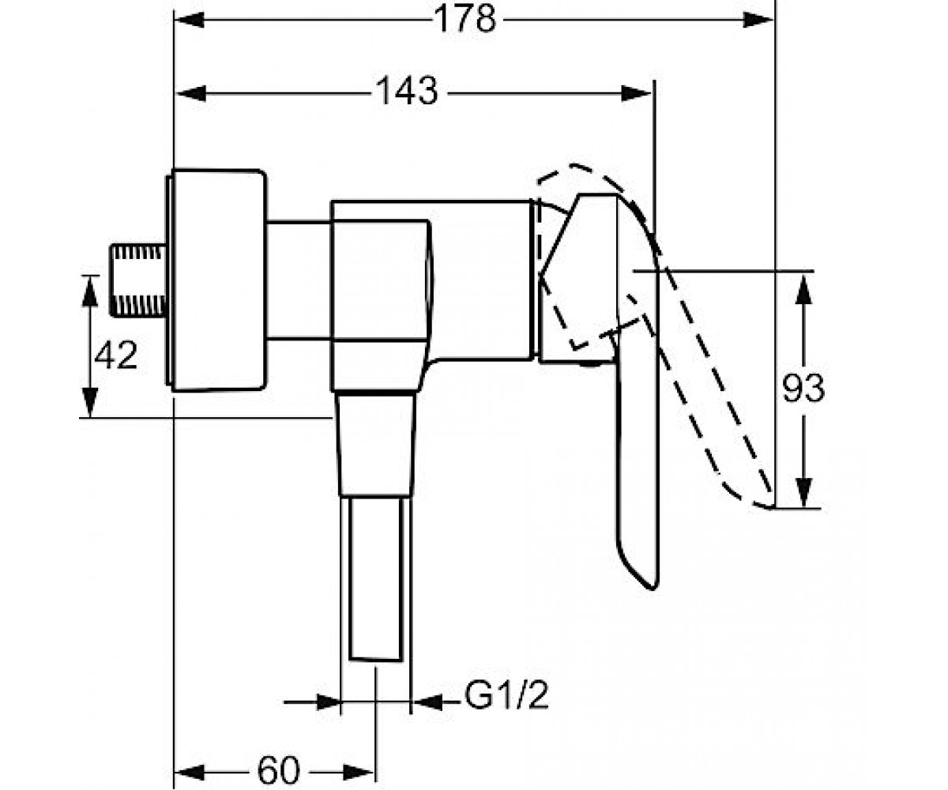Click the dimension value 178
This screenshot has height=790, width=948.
[465, 19]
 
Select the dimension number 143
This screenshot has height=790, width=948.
[408, 91]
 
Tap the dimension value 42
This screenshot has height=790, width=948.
[115, 355]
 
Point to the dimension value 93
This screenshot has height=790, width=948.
[803, 388]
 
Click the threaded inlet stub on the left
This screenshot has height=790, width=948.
[137, 280]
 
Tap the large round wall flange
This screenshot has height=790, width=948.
[217, 280]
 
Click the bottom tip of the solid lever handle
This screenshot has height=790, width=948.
[653, 589]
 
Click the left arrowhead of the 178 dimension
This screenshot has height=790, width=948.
[190, 20]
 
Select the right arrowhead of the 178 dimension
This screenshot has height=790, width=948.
[758, 20]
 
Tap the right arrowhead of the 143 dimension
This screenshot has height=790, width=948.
[636, 93]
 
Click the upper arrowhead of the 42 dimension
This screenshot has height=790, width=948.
[90, 292]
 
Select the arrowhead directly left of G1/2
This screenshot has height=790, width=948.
[427, 702]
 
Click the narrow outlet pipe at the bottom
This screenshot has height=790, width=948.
[376, 578]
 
